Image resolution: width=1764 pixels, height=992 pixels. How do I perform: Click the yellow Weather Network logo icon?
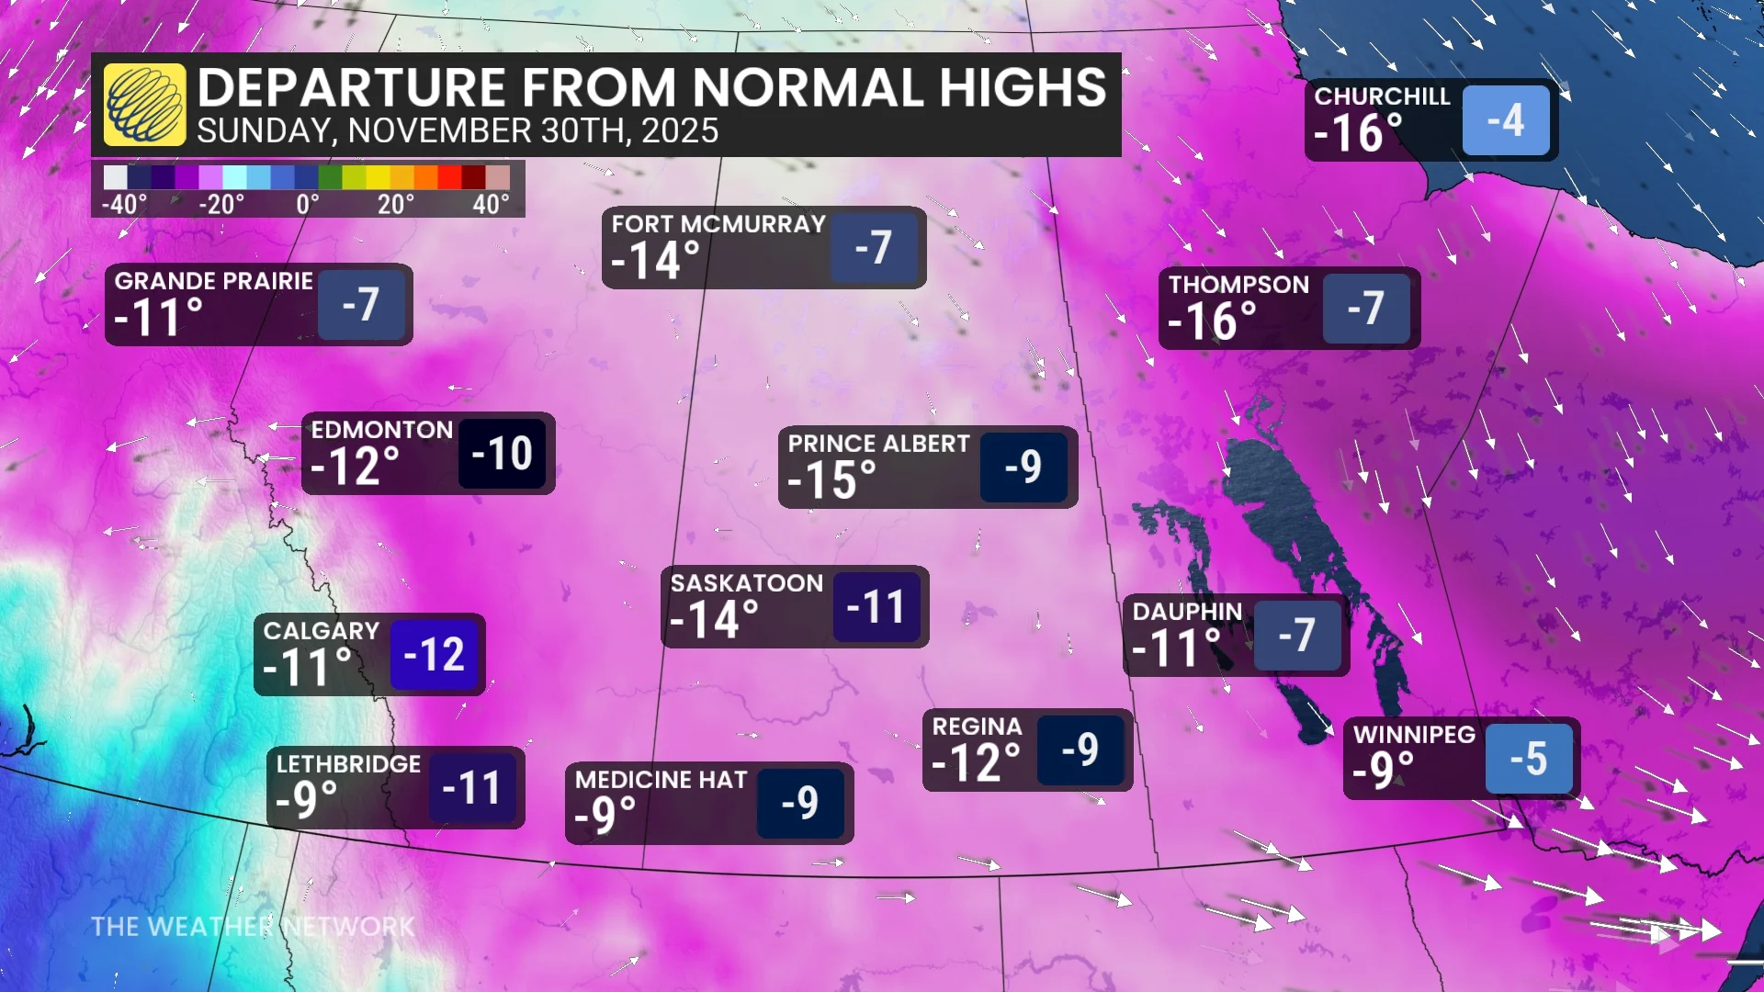(144, 105)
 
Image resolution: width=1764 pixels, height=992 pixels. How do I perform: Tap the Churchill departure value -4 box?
(1505, 120)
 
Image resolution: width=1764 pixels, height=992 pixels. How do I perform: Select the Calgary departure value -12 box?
(435, 655)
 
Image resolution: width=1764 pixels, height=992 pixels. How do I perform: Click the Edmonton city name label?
(381, 430)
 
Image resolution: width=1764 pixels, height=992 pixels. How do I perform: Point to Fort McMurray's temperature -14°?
(655, 261)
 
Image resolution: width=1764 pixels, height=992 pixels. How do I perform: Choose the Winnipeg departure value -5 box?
(1529, 760)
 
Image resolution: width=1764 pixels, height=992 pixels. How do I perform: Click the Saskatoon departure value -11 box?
(876, 607)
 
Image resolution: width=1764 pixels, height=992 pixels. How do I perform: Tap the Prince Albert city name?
(878, 444)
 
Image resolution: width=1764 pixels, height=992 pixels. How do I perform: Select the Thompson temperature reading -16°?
(1212, 321)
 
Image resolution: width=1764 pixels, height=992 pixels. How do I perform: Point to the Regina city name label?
(977, 727)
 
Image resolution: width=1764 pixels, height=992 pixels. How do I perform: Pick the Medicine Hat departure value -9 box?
(800, 803)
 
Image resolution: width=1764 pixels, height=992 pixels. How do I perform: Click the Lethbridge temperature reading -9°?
(307, 800)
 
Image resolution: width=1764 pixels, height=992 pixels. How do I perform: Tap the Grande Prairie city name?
(213, 281)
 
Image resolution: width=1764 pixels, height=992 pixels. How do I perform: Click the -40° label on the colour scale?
(124, 204)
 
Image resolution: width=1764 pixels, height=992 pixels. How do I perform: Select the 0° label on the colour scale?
(308, 204)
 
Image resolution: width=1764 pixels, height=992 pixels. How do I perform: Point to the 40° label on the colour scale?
(491, 204)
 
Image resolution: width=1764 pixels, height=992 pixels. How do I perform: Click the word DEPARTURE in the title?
(352, 88)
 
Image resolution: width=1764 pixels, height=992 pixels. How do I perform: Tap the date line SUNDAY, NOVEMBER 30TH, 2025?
(458, 131)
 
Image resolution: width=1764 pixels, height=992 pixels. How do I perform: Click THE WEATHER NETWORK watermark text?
(253, 927)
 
